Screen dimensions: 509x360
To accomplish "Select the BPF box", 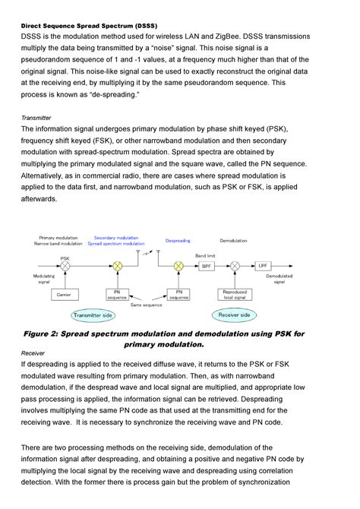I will click(x=207, y=267).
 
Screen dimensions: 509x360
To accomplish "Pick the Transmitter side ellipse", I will click(x=92, y=315).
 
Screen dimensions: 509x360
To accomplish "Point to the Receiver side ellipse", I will click(x=234, y=314).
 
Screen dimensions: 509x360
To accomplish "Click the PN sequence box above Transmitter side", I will click(x=118, y=293).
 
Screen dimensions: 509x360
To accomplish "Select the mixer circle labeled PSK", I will click(x=66, y=267).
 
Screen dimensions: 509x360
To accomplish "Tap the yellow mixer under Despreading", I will click(x=178, y=267).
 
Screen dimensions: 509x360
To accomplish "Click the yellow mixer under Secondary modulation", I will click(x=118, y=267).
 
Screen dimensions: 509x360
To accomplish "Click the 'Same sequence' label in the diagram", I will click(x=147, y=305).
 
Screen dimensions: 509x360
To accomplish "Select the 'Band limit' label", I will click(x=206, y=255).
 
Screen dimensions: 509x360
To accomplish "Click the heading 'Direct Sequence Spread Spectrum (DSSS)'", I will click(x=89, y=25).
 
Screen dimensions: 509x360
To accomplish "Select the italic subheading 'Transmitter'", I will click(x=36, y=118).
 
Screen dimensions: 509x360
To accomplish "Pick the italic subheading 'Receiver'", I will click(x=33, y=353).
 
